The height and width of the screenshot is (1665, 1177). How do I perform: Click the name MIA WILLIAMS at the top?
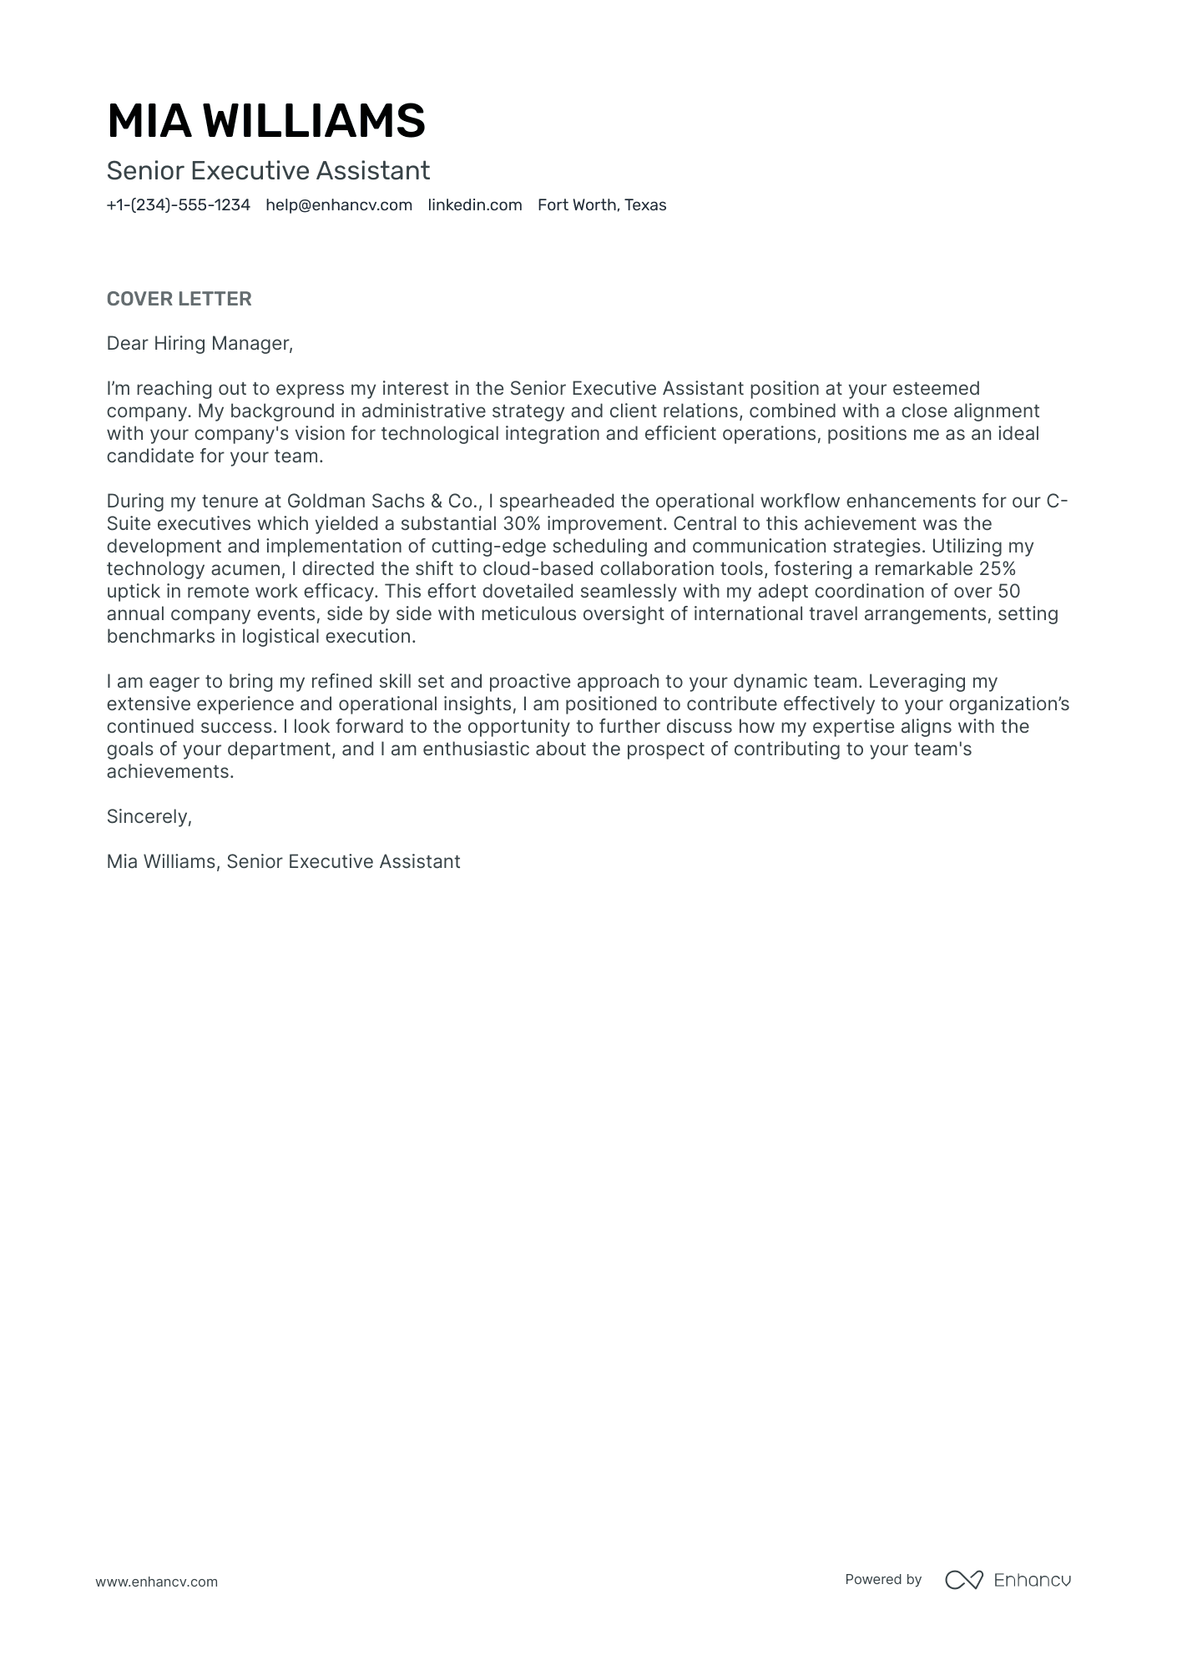265,121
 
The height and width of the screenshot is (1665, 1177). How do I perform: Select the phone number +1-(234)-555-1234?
178,205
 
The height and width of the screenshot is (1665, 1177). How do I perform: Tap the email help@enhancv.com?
339,205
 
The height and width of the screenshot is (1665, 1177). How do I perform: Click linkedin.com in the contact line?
474,205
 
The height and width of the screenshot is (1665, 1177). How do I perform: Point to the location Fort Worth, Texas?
601,205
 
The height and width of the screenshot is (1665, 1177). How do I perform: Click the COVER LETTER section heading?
179,299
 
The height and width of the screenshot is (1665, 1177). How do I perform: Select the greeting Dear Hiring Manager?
200,343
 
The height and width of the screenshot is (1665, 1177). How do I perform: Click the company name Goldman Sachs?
356,501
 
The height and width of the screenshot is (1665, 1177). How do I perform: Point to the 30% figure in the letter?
522,523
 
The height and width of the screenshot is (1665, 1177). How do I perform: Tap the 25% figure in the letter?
997,568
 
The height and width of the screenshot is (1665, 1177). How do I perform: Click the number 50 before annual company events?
1008,591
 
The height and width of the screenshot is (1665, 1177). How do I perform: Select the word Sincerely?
149,816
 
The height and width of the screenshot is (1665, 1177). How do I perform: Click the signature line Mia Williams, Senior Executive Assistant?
283,861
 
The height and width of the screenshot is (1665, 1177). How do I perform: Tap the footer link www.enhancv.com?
156,1582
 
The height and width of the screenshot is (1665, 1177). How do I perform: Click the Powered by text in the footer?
882,1579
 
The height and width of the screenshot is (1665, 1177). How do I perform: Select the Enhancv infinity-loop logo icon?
963,1580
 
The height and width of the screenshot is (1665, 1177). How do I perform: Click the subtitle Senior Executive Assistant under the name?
268,171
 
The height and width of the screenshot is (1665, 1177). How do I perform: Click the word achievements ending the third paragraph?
169,771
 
